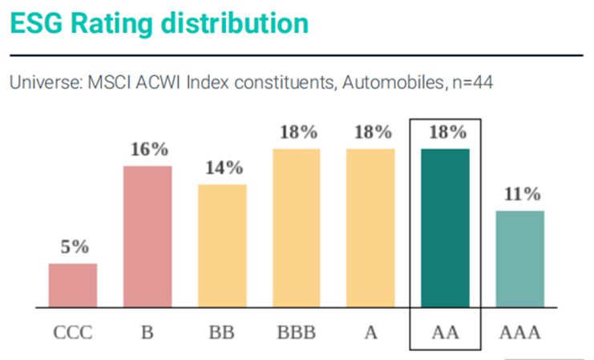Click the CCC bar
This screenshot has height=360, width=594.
click(x=72, y=285)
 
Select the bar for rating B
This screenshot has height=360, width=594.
click(x=147, y=237)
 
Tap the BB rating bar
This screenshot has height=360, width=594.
click(x=222, y=245)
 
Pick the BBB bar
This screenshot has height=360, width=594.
click(x=297, y=228)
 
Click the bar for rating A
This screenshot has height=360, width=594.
click(x=370, y=228)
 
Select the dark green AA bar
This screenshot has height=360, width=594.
click(x=445, y=228)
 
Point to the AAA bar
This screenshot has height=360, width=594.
click(x=519, y=259)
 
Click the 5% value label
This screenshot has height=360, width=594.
click(x=73, y=248)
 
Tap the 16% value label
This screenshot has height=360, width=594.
click(x=147, y=150)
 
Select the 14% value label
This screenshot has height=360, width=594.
click(x=222, y=168)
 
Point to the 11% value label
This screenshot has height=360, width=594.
click(x=519, y=195)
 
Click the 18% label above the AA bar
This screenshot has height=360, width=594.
click(x=446, y=132)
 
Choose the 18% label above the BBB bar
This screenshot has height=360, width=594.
click(x=297, y=132)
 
